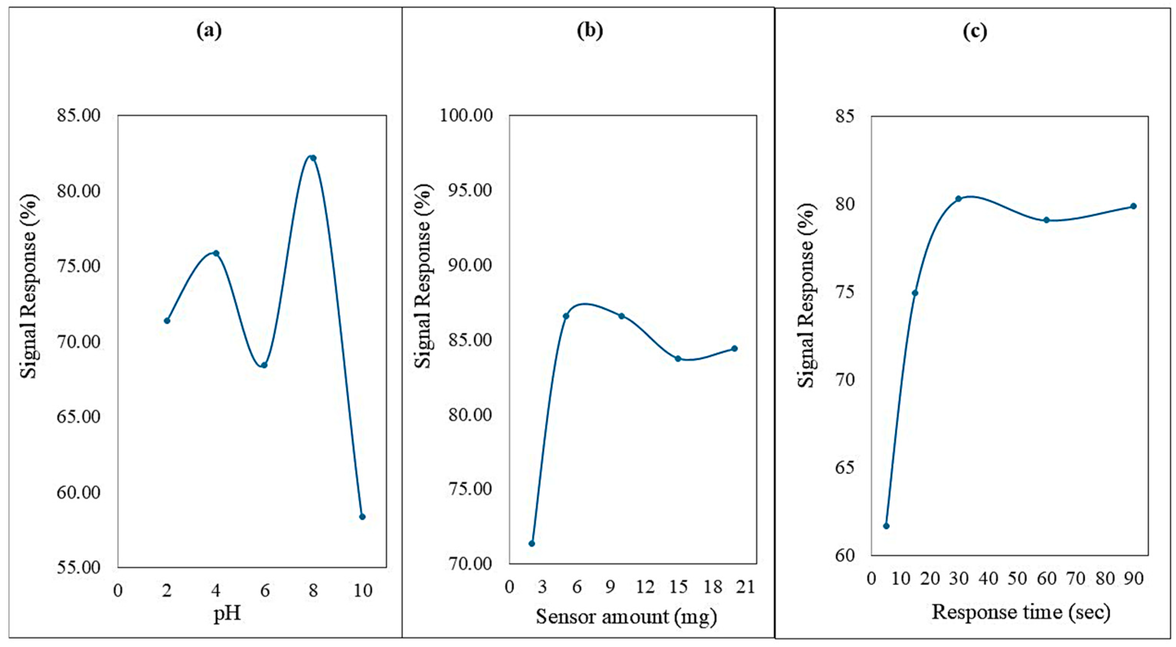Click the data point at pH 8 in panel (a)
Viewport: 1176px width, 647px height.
pyautogui.click(x=313, y=158)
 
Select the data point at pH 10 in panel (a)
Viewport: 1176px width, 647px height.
pyautogui.click(x=362, y=517)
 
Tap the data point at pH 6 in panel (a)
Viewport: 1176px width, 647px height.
pyautogui.click(x=264, y=365)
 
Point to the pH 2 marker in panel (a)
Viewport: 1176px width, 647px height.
pyautogui.click(x=167, y=321)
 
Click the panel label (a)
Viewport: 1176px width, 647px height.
pyautogui.click(x=209, y=31)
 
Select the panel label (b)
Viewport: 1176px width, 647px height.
pyautogui.click(x=590, y=31)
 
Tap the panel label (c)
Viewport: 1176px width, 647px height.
pyautogui.click(x=975, y=31)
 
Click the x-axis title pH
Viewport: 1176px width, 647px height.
pyautogui.click(x=227, y=614)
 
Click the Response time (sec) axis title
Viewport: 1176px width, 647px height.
pyautogui.click(x=1021, y=612)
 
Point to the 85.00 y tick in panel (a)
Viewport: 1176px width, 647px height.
pyautogui.click(x=78, y=116)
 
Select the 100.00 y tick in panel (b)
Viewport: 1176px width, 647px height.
pyautogui.click(x=466, y=116)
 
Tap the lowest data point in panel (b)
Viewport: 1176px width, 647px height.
pyautogui.click(x=532, y=543)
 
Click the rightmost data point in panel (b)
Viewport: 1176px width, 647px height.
pyautogui.click(x=734, y=349)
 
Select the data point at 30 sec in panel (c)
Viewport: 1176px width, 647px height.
pyautogui.click(x=959, y=199)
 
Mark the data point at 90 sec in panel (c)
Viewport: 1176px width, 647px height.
pyautogui.click(x=1134, y=206)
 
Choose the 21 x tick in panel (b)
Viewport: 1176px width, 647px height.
pyautogui.click(x=745, y=587)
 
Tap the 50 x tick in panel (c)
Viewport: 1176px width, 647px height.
pyautogui.click(x=1018, y=579)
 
